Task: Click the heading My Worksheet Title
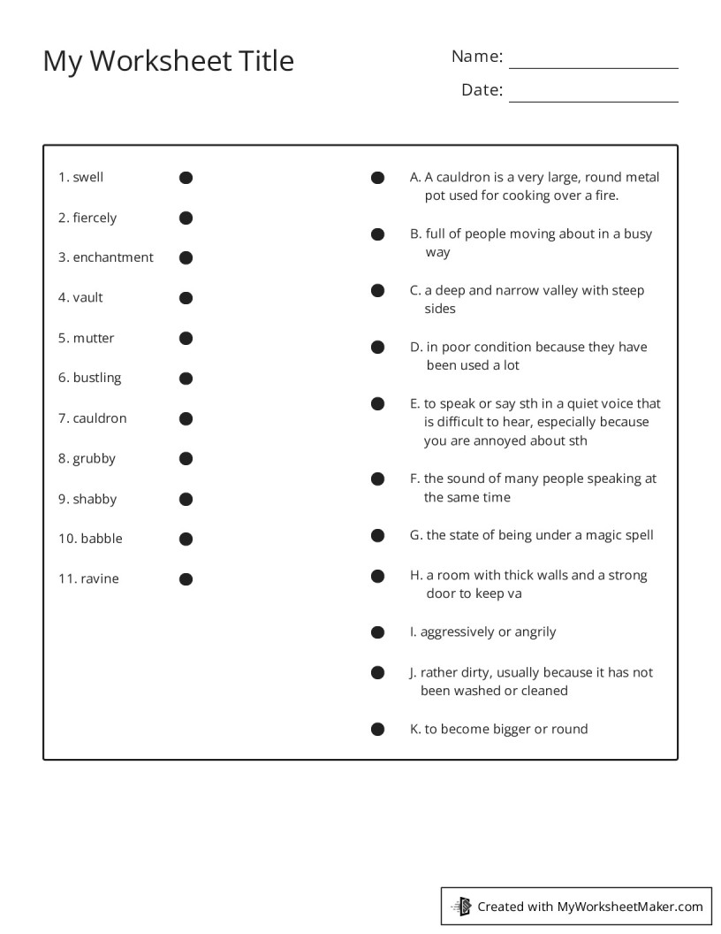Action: (x=168, y=61)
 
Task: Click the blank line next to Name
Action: (x=593, y=62)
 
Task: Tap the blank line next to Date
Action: (x=593, y=96)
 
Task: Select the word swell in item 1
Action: (x=88, y=178)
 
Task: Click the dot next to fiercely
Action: (x=186, y=218)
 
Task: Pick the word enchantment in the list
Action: (x=113, y=257)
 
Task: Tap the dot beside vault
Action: (x=186, y=298)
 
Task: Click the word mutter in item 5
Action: (x=94, y=338)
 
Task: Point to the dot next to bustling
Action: (x=186, y=379)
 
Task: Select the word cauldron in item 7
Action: (x=100, y=418)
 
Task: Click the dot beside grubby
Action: (x=186, y=458)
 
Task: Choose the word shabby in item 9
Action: (x=95, y=499)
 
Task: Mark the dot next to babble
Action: (x=186, y=539)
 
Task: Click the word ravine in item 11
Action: (x=100, y=579)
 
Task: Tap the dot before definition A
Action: (x=377, y=178)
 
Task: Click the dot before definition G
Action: (x=377, y=535)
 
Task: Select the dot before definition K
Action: (x=377, y=730)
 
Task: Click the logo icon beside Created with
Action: (x=461, y=906)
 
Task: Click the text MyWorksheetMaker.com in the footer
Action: (x=630, y=907)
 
